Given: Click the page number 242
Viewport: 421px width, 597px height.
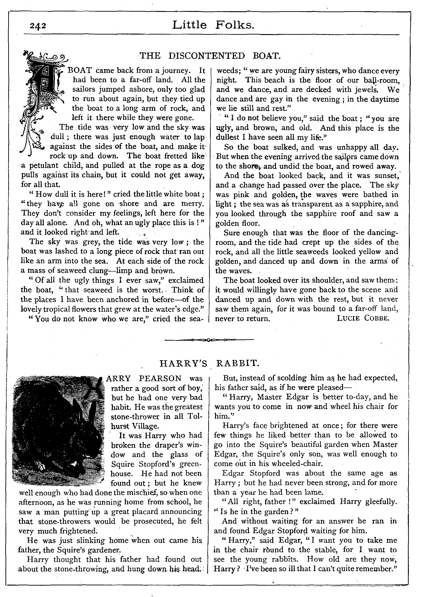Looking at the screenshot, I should tap(38, 26).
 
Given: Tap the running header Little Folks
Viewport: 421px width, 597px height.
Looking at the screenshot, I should tap(213, 25).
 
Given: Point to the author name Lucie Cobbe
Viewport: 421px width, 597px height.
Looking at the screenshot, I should tap(363, 318).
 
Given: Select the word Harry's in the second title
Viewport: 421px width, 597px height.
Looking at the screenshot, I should tap(183, 363).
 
